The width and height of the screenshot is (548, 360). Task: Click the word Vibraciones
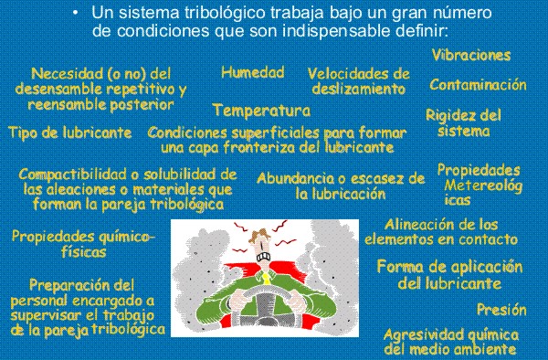[x=471, y=55]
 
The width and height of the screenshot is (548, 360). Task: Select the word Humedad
[x=253, y=72]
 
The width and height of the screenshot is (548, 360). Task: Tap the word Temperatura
[x=262, y=110]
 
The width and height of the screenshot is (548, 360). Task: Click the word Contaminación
[x=478, y=85]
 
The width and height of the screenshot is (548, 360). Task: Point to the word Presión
[x=501, y=310]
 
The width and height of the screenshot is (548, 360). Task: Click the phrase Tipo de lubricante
[x=70, y=132]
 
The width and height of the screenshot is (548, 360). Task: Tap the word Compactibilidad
[x=75, y=175]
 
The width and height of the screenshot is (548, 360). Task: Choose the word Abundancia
[x=296, y=178]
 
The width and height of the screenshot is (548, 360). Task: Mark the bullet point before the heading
[x=76, y=13]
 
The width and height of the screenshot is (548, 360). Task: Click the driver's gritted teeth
[x=263, y=257]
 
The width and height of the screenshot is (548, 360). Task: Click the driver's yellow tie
[x=267, y=278]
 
